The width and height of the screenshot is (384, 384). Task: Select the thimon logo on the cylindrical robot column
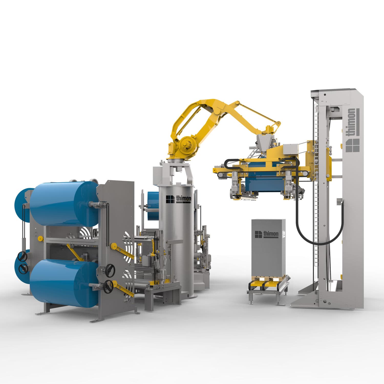point(178,199)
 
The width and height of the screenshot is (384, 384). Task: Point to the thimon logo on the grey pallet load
point(266,234)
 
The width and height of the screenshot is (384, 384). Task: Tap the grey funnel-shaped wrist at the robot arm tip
point(264,140)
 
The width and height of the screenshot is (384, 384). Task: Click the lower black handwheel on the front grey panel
point(108,287)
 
